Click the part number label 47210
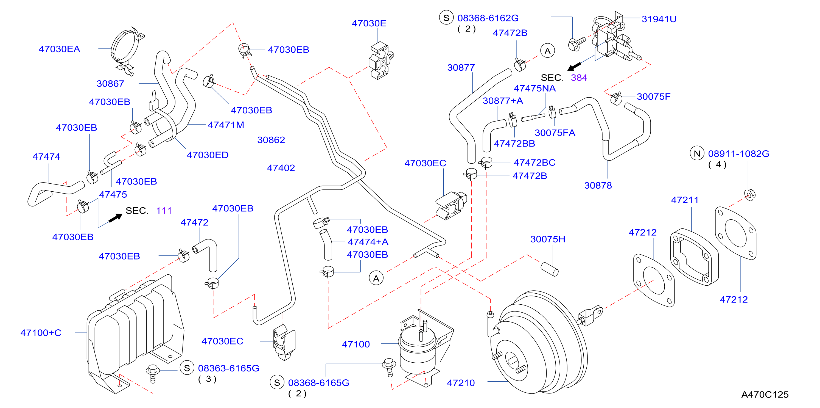[x=461, y=382]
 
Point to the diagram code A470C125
[x=765, y=394]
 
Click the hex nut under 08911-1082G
[x=750, y=195]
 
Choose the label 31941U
[x=659, y=19]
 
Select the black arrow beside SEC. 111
[x=115, y=218]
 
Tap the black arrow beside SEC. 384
[x=575, y=66]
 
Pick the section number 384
[x=579, y=78]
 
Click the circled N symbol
[x=697, y=154]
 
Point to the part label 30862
[x=271, y=140]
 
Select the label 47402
[x=281, y=168]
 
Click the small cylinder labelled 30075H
[x=549, y=269]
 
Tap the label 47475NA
[x=534, y=88]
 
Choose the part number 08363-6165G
[x=229, y=368]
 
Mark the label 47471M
[x=226, y=125]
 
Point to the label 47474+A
[x=368, y=242]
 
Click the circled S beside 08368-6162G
[x=446, y=18]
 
